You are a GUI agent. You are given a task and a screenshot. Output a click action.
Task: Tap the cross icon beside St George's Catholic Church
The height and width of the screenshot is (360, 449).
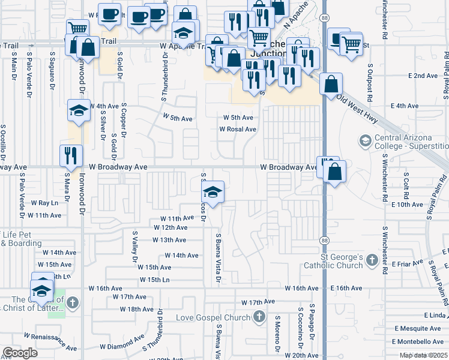(372, 260)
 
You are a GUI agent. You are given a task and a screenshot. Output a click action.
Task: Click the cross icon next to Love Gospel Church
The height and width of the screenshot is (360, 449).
(259, 316)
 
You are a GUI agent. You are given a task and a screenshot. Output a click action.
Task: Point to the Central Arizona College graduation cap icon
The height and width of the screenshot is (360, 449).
(364, 141)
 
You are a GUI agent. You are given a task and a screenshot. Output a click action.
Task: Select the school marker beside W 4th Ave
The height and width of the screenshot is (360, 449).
(79, 110)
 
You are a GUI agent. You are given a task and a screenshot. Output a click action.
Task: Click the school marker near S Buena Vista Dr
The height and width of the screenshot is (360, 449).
(212, 192)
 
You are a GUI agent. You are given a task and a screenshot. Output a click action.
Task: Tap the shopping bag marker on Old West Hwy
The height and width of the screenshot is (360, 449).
(331, 85)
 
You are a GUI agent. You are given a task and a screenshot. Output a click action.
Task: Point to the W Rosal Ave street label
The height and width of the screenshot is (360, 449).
(238, 129)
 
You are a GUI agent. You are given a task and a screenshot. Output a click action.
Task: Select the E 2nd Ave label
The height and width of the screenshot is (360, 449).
(423, 76)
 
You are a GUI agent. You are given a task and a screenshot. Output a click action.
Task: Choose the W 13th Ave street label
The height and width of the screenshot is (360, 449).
(169, 240)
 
